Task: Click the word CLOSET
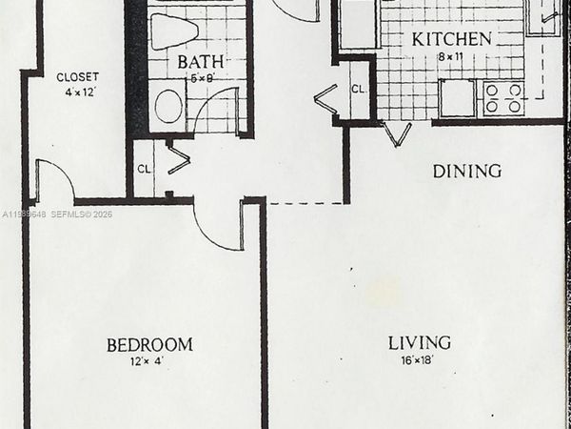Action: pyautogui.click(x=77, y=76)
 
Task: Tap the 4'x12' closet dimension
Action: pyautogui.click(x=77, y=92)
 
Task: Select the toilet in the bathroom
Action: pyautogui.click(x=175, y=31)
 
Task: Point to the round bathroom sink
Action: pyautogui.click(x=170, y=106)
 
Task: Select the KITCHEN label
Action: pyautogui.click(x=451, y=39)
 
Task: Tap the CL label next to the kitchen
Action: pyautogui.click(x=358, y=89)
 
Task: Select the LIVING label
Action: pyautogui.click(x=419, y=342)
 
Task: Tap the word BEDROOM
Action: pyautogui.click(x=149, y=344)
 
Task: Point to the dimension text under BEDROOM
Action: pyautogui.click(x=148, y=360)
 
